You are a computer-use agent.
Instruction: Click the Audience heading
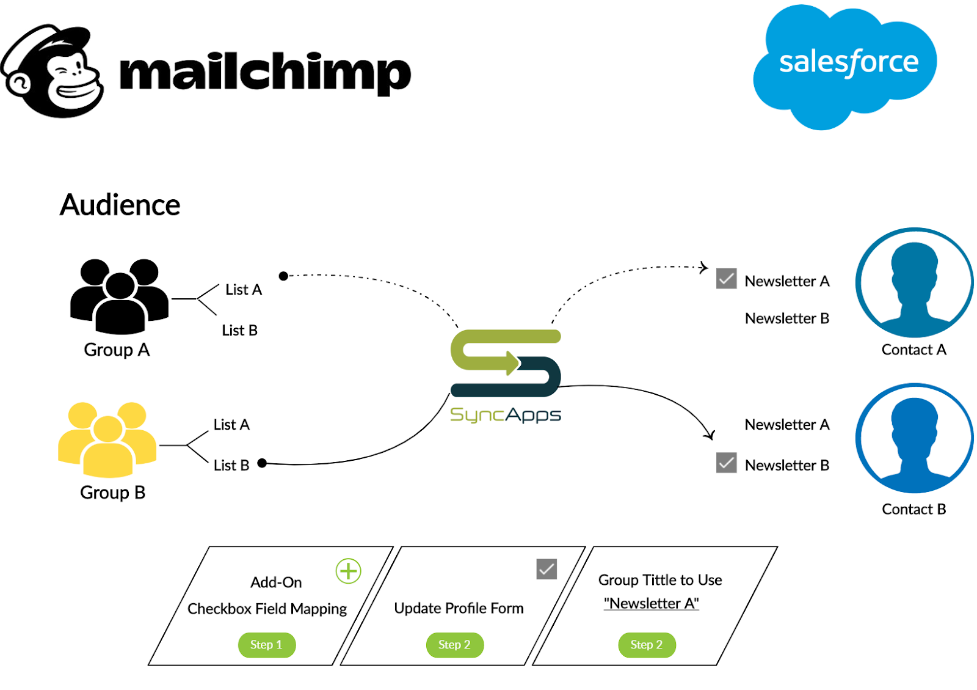pyautogui.click(x=120, y=205)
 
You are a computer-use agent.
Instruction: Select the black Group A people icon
pyautogui.click(x=120, y=296)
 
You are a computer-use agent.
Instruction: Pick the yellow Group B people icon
pyautogui.click(x=107, y=439)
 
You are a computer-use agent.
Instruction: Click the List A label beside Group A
pyautogui.click(x=244, y=290)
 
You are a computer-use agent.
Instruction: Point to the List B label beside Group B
pyautogui.click(x=231, y=465)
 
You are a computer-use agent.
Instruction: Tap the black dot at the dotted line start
pyautogui.click(x=283, y=276)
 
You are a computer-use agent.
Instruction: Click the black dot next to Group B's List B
pyautogui.click(x=262, y=463)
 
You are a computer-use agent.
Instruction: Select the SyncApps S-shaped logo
pyautogui.click(x=506, y=363)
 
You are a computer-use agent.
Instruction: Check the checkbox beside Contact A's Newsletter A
pyautogui.click(x=726, y=279)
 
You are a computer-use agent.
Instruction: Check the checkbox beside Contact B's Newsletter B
pyautogui.click(x=726, y=463)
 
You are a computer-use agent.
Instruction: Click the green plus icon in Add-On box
pyautogui.click(x=348, y=571)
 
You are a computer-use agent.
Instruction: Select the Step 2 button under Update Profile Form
pyautogui.click(x=454, y=645)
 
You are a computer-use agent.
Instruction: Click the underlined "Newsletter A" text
pyautogui.click(x=651, y=603)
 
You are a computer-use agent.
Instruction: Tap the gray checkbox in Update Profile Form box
pyautogui.click(x=547, y=569)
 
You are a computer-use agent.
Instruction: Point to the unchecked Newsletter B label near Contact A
pyautogui.click(x=787, y=318)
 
